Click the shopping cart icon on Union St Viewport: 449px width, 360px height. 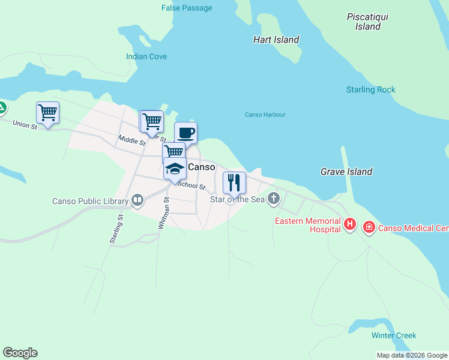coord(47,112)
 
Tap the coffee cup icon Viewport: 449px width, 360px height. coord(185,133)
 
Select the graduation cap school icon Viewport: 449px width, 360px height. coord(175,169)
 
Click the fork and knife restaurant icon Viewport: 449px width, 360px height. coord(234,182)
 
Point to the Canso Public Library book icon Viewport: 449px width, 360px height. coord(137,200)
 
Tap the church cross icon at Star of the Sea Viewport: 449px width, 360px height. coord(274,199)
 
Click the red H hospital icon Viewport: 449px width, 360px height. coord(350,225)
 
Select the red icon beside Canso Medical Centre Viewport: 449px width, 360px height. coord(369,228)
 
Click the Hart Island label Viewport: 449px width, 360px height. coord(276,40)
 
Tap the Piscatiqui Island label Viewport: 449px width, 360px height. coord(367,22)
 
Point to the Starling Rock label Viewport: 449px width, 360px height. coord(370,90)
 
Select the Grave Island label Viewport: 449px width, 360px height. coord(346,172)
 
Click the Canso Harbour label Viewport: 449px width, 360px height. coord(265,115)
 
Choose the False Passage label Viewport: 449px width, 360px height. coord(187,8)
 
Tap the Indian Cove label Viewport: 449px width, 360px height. coord(146,56)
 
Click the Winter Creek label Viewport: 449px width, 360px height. coord(393,335)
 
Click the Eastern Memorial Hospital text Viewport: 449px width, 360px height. coord(307,225)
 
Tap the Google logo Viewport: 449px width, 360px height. coord(20,353)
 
